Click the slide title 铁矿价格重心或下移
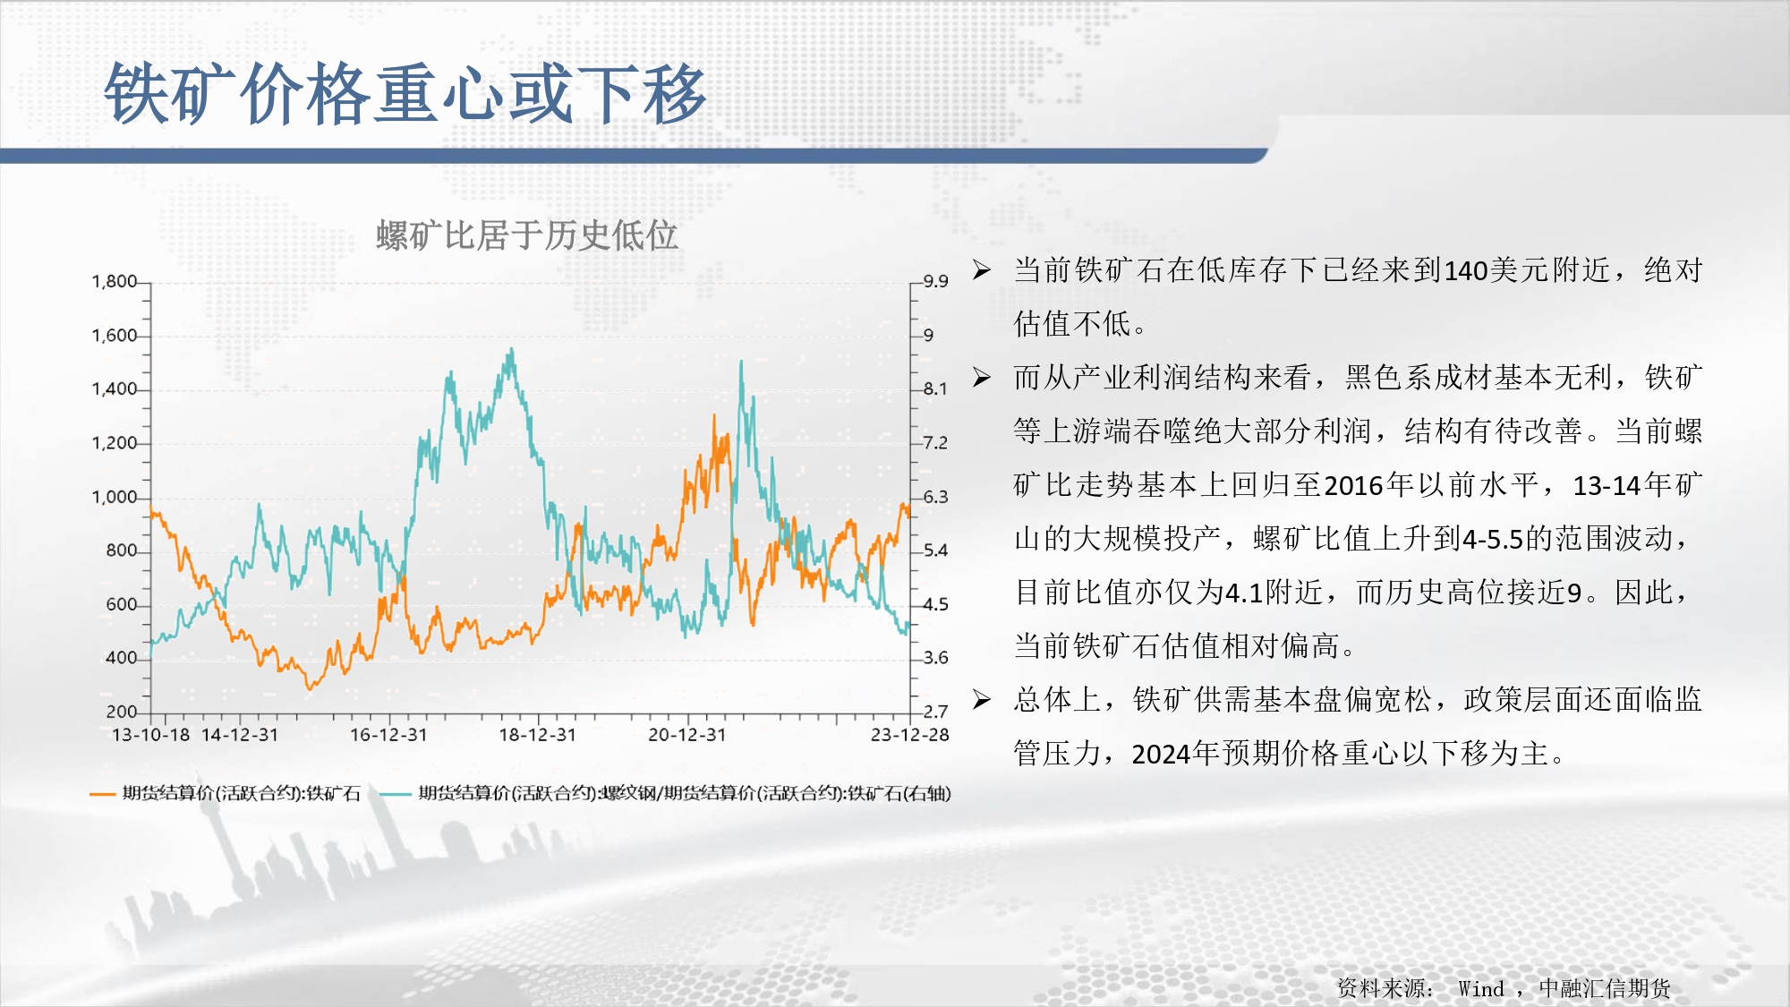405,94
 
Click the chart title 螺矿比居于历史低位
527,236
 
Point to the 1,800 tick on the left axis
115,282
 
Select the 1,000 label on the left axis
115,497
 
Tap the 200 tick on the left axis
122,712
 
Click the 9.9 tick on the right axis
935,281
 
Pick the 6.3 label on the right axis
935,497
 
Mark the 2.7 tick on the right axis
935,712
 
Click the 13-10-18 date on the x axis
150,735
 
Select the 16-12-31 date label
388,735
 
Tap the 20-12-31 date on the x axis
687,735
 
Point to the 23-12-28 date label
910,735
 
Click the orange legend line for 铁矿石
103,794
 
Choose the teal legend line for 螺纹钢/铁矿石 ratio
396,794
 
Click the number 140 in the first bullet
1466,270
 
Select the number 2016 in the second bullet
1354,485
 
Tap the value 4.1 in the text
1243,593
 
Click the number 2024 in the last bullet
1162,754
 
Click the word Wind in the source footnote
1481,989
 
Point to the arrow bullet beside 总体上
982,700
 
